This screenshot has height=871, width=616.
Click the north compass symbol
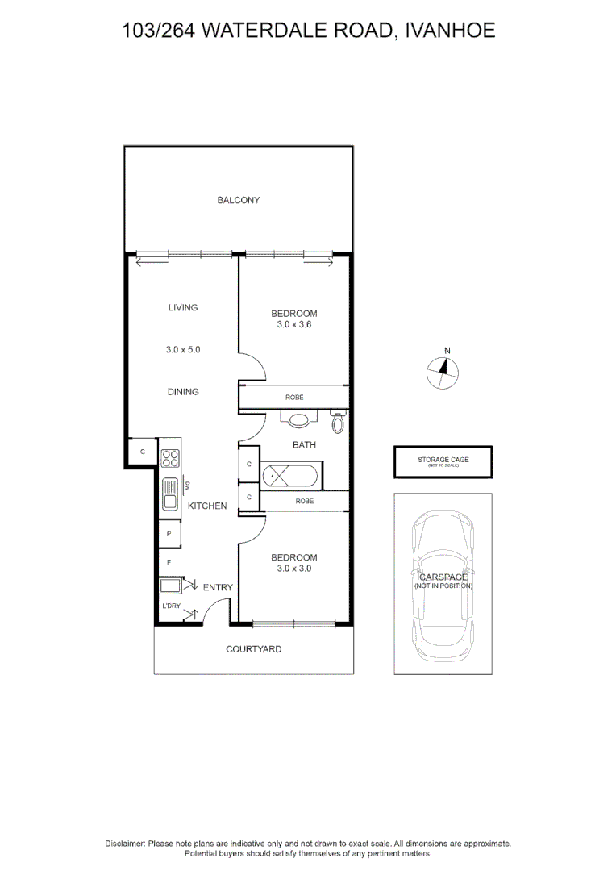pos(443,370)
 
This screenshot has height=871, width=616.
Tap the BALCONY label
pos(238,200)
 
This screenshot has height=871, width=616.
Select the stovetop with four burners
pos(170,458)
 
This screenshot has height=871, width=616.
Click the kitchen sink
pos(170,494)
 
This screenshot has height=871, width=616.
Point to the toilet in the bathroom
pos(339,422)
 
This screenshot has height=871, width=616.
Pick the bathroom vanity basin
pos(299,419)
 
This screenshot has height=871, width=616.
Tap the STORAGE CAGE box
pos(443,462)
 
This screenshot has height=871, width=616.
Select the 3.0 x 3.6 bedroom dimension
pos(293,325)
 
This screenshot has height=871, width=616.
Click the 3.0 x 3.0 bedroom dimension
pos(293,568)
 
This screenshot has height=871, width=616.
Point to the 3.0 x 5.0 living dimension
pos(182,350)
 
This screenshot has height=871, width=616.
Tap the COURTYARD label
pos(253,648)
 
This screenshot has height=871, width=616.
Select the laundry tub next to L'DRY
pos(170,586)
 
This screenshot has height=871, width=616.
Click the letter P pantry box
pos(169,534)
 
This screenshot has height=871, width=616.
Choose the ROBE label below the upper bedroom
pos(293,398)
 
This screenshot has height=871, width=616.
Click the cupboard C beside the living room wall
pos(142,452)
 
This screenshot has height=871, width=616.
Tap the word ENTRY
pos(218,587)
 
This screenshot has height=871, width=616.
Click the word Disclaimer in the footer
pos(125,843)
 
